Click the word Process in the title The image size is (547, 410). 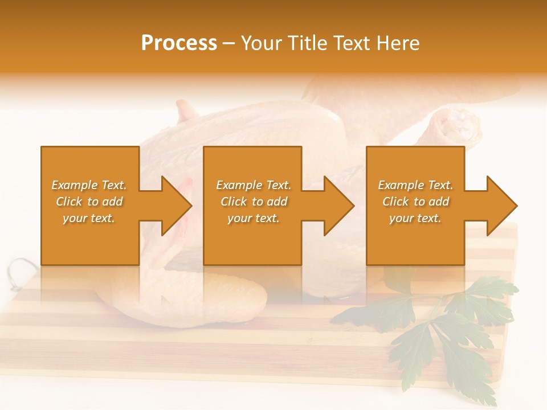point(179,43)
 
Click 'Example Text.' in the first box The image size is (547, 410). point(89,185)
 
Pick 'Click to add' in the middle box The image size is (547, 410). point(254,202)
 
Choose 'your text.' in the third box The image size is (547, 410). point(415,218)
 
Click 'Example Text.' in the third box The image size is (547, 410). point(415,185)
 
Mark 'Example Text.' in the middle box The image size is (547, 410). point(254,185)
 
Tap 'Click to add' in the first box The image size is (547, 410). point(89,202)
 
